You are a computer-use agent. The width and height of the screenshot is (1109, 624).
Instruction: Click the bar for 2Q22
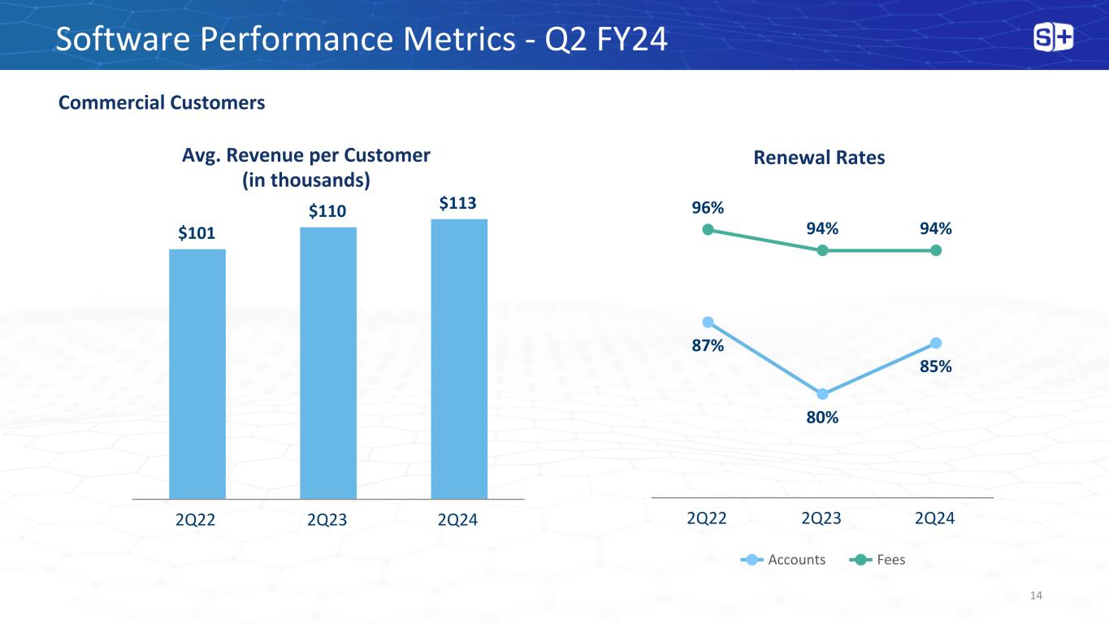point(197,373)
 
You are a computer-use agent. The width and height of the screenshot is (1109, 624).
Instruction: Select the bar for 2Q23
point(328,362)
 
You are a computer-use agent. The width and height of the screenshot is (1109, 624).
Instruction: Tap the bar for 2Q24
point(459,358)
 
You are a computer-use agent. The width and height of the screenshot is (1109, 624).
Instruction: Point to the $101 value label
point(197,234)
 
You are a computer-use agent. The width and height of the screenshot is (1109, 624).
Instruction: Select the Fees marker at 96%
point(708,230)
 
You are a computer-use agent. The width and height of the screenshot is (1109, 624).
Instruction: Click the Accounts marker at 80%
point(822,394)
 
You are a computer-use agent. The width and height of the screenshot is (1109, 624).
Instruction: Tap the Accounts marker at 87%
point(708,322)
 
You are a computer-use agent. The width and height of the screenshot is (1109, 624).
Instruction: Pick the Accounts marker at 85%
point(936,342)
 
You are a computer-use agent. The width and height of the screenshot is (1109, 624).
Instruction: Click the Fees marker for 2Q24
point(936,250)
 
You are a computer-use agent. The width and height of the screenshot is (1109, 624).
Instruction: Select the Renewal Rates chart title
point(819,158)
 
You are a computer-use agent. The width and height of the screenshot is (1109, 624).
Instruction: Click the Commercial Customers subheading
point(162,103)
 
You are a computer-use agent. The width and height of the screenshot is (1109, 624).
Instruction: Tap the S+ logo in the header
point(1053,37)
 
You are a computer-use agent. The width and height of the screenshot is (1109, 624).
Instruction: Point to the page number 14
point(1035,596)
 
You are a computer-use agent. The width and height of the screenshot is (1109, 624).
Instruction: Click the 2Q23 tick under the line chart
point(821,518)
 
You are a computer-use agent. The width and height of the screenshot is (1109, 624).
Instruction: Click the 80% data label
point(822,418)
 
